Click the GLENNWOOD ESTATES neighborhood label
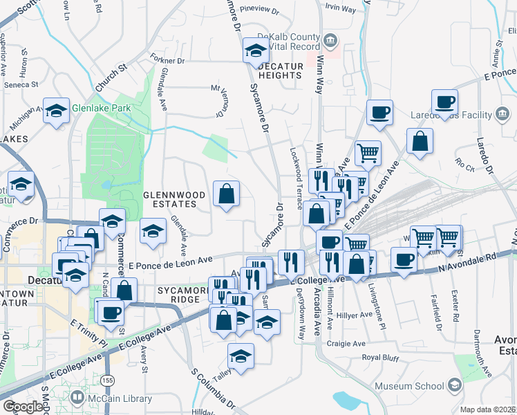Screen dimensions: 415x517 [174, 200]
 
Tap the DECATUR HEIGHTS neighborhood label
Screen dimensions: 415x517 [282, 69]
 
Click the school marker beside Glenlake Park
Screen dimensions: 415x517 [56, 111]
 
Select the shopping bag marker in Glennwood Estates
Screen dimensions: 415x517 [226, 194]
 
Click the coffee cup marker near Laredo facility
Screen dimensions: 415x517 [444, 102]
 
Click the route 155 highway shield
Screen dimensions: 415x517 [106, 380]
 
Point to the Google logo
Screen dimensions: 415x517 [23, 407]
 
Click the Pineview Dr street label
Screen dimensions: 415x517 [257, 12]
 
